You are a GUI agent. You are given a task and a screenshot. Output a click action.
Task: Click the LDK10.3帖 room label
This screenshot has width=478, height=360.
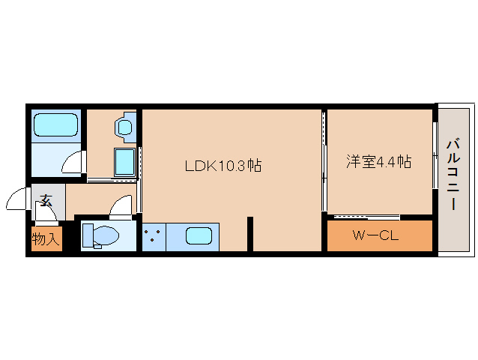pyautogui.click(x=223, y=166)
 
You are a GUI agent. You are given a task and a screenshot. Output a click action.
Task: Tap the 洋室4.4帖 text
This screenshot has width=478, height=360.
pyautogui.click(x=378, y=161)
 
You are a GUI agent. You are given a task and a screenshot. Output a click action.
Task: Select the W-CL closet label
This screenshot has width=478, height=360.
pyautogui.click(x=375, y=235)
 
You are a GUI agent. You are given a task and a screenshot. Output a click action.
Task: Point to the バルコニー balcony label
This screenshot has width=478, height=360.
pyautogui.click(x=453, y=175)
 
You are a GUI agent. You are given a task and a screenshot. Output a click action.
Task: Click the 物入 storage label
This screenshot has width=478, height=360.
pyautogui.click(x=46, y=239)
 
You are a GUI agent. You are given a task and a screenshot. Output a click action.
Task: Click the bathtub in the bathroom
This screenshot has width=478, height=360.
pyautogui.click(x=55, y=124)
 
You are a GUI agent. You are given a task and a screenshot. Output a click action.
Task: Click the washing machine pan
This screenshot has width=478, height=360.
pyautogui.click(x=124, y=160)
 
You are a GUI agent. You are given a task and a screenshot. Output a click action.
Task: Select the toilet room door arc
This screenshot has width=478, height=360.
pyautogui.click(x=120, y=205)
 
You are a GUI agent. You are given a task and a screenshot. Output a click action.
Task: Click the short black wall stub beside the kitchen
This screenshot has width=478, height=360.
pyautogui.click(x=250, y=233)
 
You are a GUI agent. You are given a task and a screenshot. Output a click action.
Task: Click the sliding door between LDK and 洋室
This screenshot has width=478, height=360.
pyautogui.click(x=324, y=161)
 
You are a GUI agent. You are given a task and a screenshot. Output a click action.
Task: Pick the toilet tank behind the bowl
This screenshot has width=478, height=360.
pyautogui.click(x=88, y=235)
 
